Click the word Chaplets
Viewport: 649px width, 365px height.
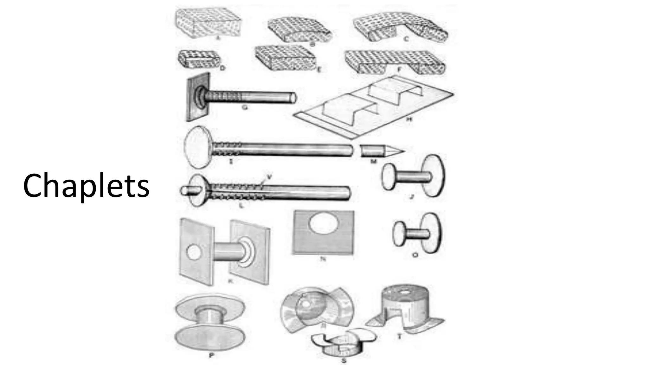(86, 186)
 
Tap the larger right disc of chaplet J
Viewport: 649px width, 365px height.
(434, 176)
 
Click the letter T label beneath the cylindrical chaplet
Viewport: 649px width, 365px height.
(399, 336)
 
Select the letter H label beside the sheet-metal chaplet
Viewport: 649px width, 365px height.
(409, 119)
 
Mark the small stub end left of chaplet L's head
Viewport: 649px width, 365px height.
(187, 191)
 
